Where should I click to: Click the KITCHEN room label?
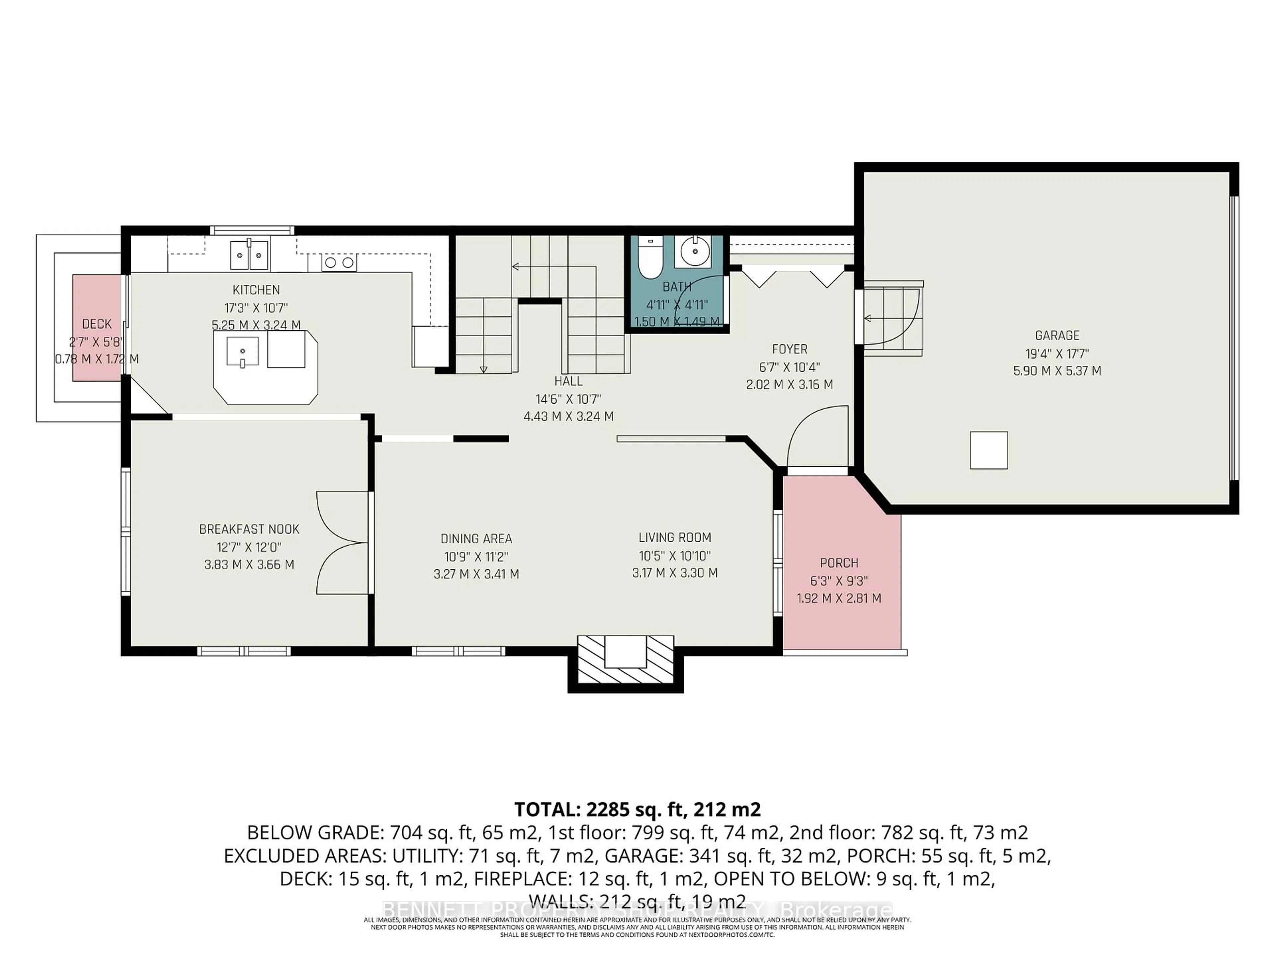pyautogui.click(x=256, y=290)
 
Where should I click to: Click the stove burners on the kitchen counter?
pyautogui.click(x=339, y=263)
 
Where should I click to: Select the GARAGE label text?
pyautogui.click(x=1057, y=335)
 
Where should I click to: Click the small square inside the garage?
pyautogui.click(x=988, y=450)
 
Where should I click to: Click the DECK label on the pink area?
pyautogui.click(x=96, y=324)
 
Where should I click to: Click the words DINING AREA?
pyautogui.click(x=476, y=539)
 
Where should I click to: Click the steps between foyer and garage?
pyautogui.click(x=892, y=318)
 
